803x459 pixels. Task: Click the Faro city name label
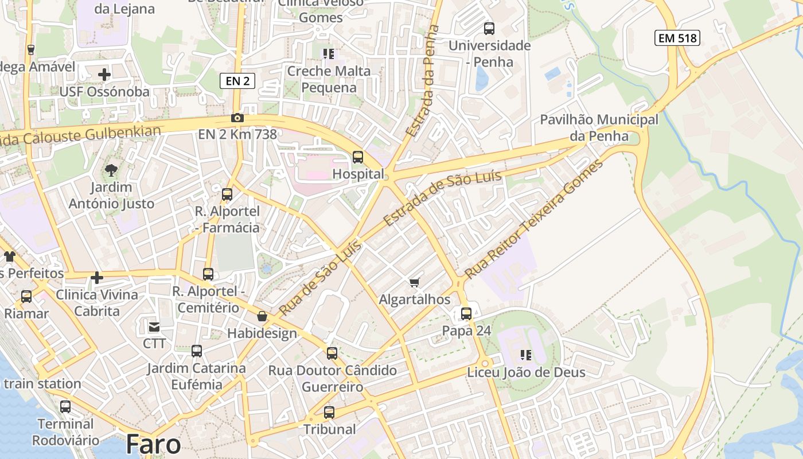(x=153, y=444)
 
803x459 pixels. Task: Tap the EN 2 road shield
(x=237, y=81)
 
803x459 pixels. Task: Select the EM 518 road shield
(x=677, y=38)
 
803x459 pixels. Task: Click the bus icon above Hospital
(x=358, y=157)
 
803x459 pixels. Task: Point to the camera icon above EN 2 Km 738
(x=237, y=118)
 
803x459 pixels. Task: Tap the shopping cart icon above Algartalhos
(x=415, y=282)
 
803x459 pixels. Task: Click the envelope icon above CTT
(x=154, y=327)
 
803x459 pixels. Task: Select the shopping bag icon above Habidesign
(x=262, y=316)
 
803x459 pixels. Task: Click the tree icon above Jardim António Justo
(x=111, y=170)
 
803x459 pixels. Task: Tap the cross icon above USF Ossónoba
(x=104, y=75)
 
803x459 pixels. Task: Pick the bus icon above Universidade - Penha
(x=489, y=28)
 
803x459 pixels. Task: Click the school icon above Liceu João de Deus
(x=526, y=355)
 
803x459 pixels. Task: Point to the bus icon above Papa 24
(x=466, y=314)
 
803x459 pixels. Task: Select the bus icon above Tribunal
(x=329, y=412)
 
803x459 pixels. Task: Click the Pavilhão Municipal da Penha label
(x=599, y=128)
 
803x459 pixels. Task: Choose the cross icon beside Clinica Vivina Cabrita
(x=97, y=278)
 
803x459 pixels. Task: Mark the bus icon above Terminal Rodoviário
(x=65, y=407)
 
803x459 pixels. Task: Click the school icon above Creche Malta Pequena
(x=328, y=54)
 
